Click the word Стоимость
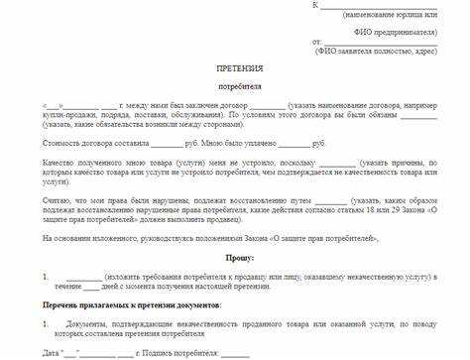pos(62,143)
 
